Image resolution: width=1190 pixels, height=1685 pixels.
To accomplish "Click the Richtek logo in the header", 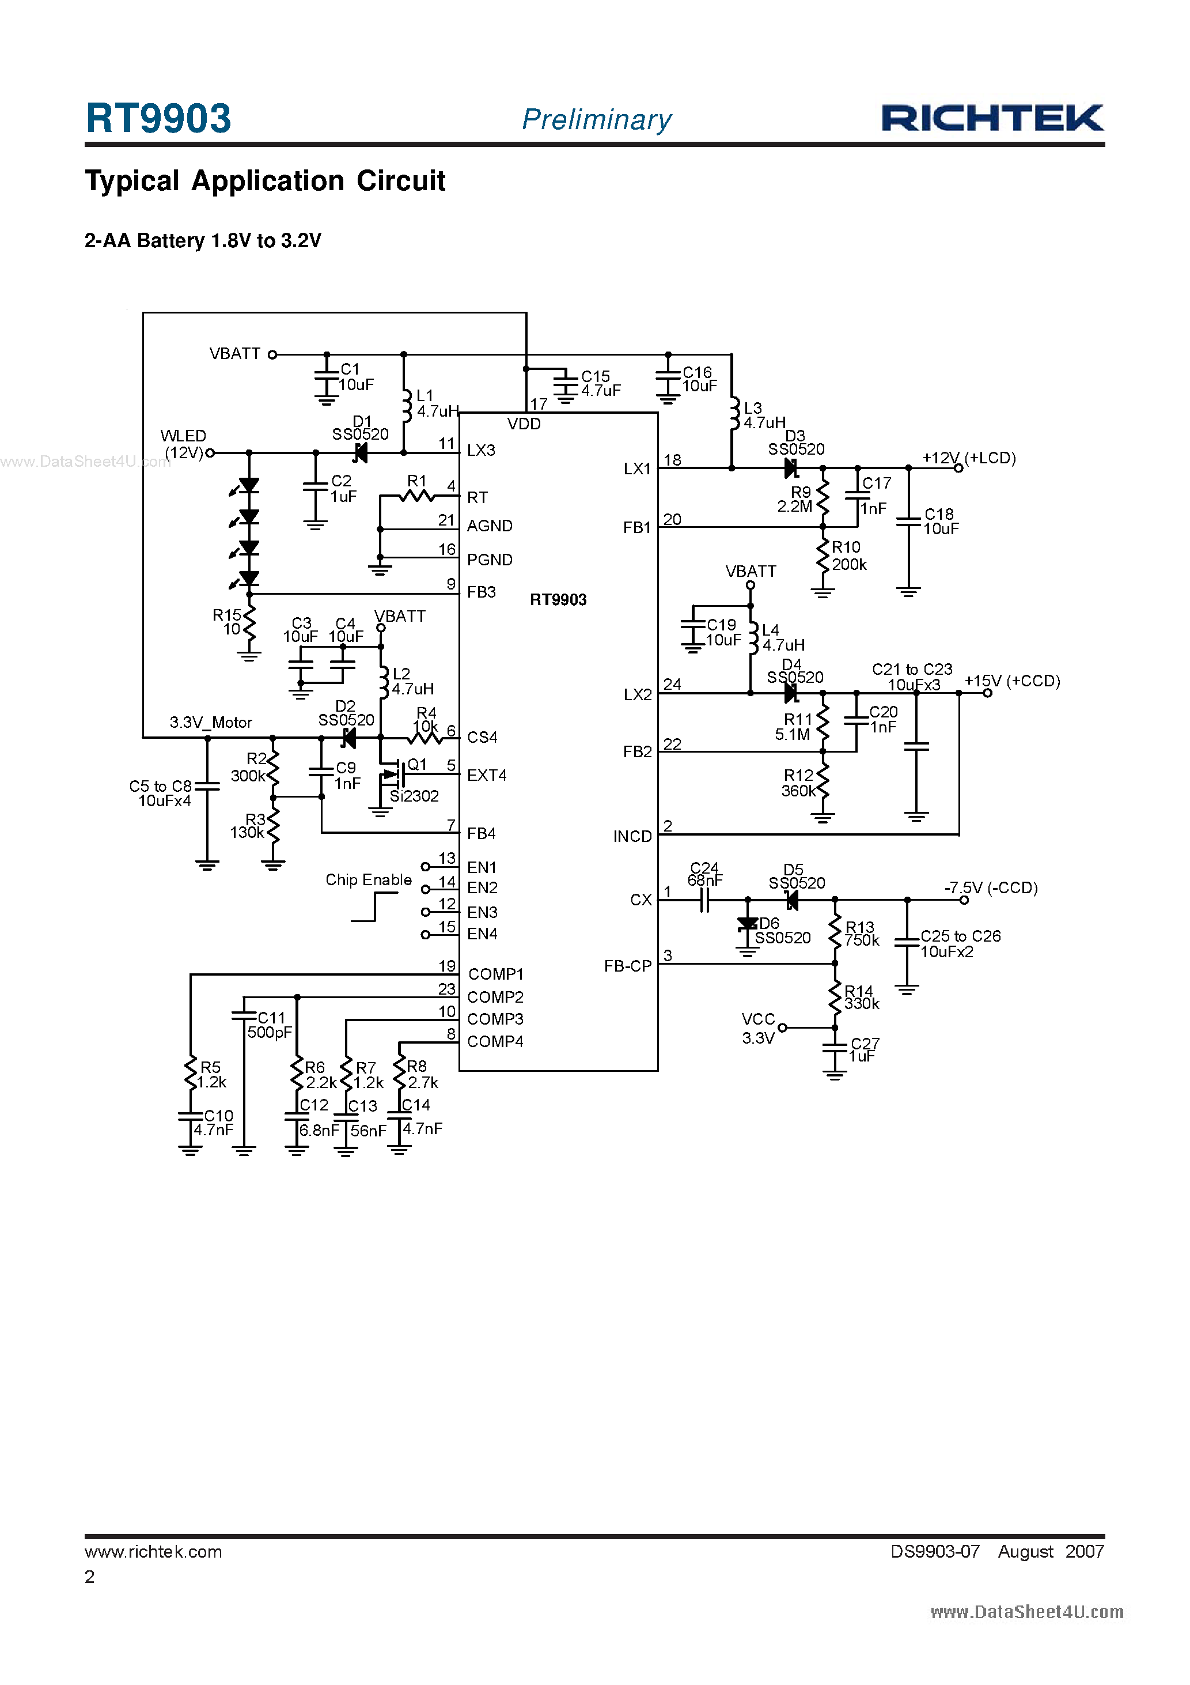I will point(992,118).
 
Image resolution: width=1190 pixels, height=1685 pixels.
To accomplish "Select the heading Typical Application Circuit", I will point(265,180).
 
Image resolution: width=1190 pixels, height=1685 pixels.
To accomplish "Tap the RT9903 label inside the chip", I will point(558,599).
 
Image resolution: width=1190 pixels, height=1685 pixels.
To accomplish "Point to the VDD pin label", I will point(524,424).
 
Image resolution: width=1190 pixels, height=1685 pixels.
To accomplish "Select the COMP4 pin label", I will point(495,1041).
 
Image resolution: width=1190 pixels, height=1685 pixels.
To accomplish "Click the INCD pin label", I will point(632,837).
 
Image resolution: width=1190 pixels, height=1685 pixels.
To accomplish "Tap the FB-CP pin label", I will point(627,966).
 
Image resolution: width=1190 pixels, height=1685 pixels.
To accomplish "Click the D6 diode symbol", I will point(747,925).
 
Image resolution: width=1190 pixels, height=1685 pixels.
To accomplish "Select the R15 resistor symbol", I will point(249,623).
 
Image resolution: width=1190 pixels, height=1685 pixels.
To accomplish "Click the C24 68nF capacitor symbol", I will point(704,900).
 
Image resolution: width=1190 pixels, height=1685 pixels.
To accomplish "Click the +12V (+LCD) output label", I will point(968,458).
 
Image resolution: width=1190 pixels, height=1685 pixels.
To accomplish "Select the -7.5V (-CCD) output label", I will point(991,888).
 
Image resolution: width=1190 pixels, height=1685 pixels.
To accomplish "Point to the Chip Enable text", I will point(368,880).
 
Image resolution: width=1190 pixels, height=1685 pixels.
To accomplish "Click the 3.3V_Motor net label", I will point(211,722).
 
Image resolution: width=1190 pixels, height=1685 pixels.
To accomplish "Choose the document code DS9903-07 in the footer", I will point(935,1551).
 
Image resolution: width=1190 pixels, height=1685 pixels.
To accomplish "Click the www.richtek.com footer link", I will point(153,1551).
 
